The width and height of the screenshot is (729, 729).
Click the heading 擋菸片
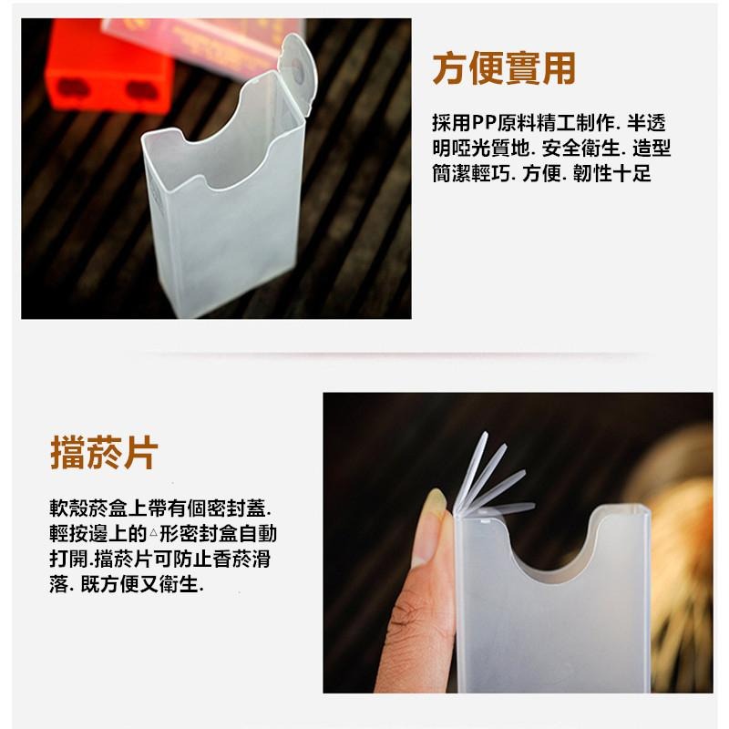coord(104,452)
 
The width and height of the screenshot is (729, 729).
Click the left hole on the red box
coord(70,87)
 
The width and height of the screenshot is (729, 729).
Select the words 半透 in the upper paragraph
coord(648,122)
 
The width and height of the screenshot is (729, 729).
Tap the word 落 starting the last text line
coord(59,584)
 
